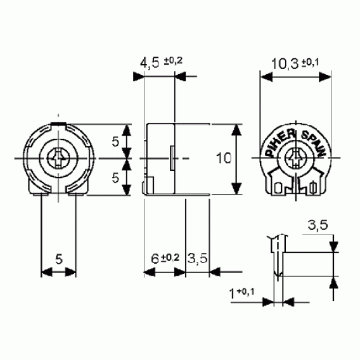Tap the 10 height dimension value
tap(223, 158)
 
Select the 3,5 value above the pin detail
tap(318, 224)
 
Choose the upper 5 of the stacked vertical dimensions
tap(115, 142)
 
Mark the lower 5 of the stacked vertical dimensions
tap(115, 177)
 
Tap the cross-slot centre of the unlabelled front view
tap(58, 158)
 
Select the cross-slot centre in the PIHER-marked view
tap(296, 158)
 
